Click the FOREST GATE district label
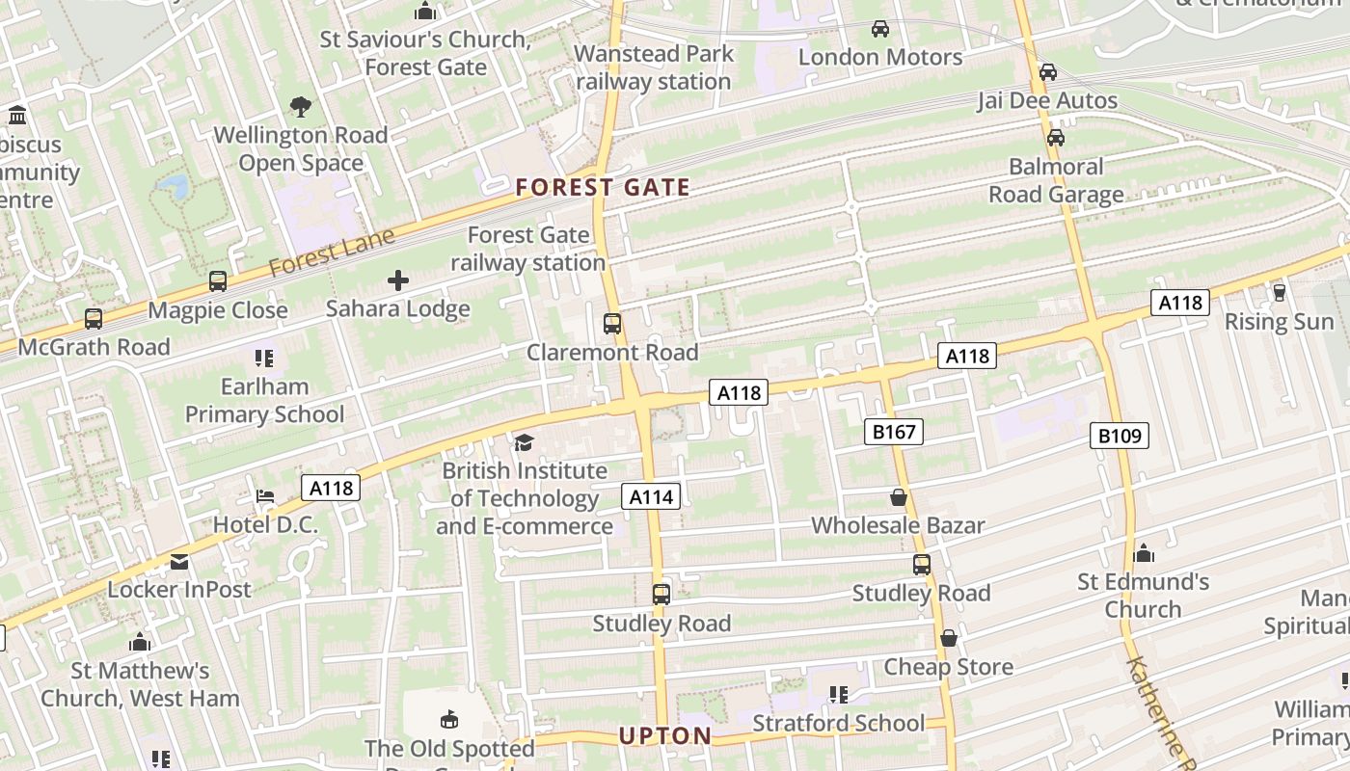click(x=603, y=187)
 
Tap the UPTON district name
click(x=664, y=736)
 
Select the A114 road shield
click(x=651, y=496)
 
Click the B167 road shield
click(x=893, y=432)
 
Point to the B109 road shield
click(x=1120, y=436)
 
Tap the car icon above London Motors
click(x=879, y=29)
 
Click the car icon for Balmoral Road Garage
click(x=1056, y=138)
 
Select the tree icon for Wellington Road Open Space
click(x=301, y=107)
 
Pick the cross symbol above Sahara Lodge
click(x=397, y=280)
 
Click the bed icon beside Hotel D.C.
click(x=265, y=496)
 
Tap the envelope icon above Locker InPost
click(x=179, y=561)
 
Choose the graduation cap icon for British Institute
click(x=524, y=442)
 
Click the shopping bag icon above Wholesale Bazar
click(x=898, y=497)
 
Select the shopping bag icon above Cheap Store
click(x=948, y=638)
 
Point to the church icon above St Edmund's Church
click(x=1144, y=553)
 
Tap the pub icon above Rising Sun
click(x=1280, y=292)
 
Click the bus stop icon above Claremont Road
click(x=612, y=324)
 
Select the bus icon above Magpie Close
click(x=218, y=281)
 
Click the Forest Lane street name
click(x=332, y=252)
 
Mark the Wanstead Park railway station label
click(x=654, y=67)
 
